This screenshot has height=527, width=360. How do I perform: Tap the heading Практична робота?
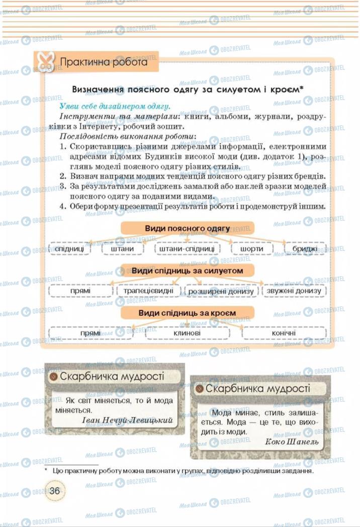point(104,62)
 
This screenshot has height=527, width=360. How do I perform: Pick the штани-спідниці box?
point(187,248)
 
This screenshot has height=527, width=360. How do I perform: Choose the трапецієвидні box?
point(148,291)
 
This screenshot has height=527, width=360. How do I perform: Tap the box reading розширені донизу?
point(221,291)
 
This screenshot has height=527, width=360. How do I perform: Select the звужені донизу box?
point(294,291)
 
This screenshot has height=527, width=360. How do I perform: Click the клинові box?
point(187,332)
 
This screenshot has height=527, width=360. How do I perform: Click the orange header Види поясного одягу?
point(187,228)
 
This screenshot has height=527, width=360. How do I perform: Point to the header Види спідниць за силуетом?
point(187,271)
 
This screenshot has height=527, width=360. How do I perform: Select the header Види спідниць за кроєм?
point(187,313)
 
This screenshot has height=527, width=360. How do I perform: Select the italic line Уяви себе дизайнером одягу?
point(115,106)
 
